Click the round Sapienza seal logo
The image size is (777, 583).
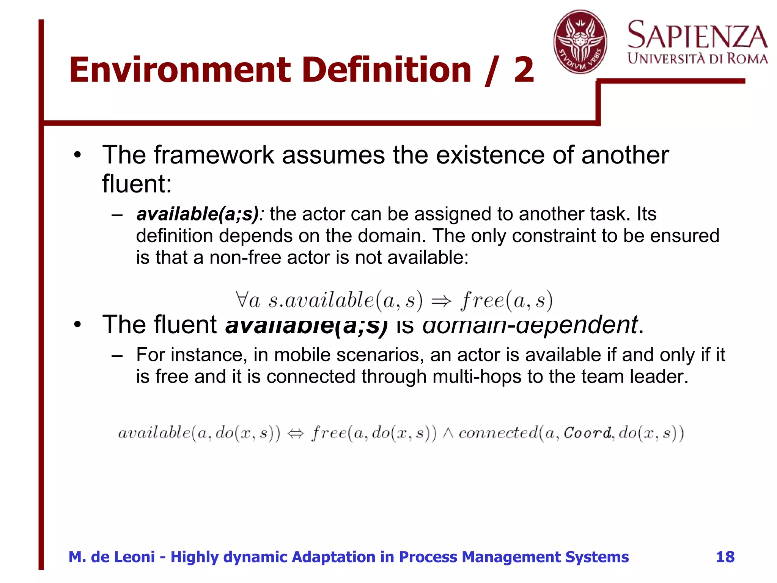click(580, 42)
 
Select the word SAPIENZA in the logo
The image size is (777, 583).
click(697, 35)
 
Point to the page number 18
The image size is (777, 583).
click(725, 557)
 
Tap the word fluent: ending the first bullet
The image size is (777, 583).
click(137, 184)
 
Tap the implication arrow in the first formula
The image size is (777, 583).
click(442, 301)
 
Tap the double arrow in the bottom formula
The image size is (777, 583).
click(296, 433)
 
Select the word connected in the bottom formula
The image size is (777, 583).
click(498, 433)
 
